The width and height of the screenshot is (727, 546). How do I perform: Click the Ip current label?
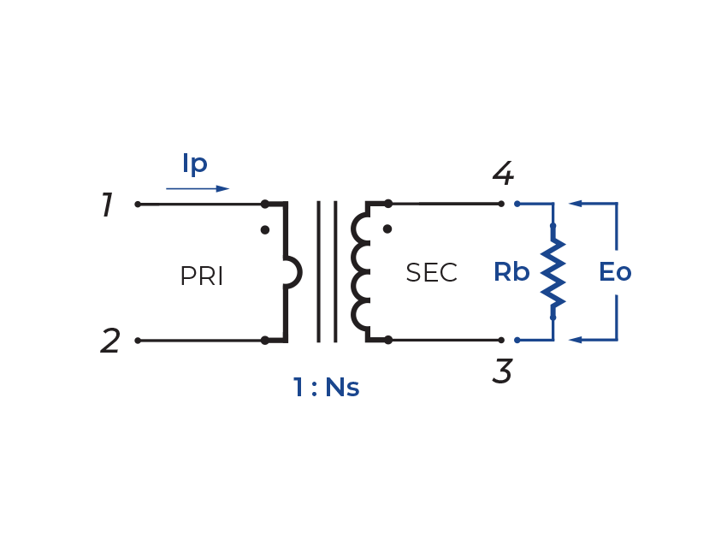tap(195, 163)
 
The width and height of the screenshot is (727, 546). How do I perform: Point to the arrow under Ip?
tap(198, 188)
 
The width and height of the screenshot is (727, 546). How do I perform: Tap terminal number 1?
tap(107, 205)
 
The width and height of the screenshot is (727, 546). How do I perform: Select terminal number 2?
tap(110, 341)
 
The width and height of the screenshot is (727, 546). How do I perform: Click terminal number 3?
tap(503, 371)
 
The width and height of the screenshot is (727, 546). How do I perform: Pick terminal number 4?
tap(503, 175)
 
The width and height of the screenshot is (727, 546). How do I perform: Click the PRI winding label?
tap(202, 276)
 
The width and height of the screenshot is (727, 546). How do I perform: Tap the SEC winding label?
tap(431, 273)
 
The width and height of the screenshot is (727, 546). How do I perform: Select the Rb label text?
tap(511, 272)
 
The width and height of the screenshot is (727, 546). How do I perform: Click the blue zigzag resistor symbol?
tap(553, 272)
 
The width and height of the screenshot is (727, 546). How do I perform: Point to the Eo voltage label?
tap(614, 272)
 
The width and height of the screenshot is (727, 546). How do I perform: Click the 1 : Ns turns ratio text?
tap(326, 388)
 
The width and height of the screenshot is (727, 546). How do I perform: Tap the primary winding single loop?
tap(292, 272)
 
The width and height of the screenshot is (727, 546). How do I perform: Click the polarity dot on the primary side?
tap(264, 230)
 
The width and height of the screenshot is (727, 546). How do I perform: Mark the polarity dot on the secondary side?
tap(387, 229)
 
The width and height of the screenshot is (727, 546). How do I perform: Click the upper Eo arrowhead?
tap(576, 204)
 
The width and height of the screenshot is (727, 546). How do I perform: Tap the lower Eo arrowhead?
tap(576, 341)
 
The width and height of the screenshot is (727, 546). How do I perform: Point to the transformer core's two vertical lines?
tap(327, 272)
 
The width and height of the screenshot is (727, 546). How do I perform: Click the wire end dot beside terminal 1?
tap(138, 205)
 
